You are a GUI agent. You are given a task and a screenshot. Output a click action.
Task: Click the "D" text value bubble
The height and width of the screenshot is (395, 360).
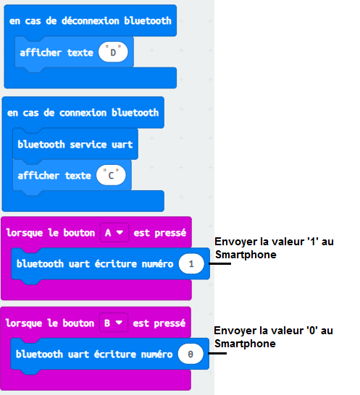click(113, 52)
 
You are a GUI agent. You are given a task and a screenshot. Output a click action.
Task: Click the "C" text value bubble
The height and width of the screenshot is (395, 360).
click(111, 175)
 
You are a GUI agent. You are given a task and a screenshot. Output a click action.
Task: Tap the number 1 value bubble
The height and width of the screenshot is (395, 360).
click(191, 264)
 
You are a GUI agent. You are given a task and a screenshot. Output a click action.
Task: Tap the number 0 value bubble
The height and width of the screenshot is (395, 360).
click(191, 354)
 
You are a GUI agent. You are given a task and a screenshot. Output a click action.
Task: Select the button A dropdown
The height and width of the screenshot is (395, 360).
click(114, 232)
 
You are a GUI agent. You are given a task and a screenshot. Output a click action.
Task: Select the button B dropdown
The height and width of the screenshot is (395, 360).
click(114, 323)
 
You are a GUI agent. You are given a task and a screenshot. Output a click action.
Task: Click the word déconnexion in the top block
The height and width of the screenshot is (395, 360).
click(90, 21)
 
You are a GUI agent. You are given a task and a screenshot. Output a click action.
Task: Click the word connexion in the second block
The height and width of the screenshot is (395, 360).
click(83, 113)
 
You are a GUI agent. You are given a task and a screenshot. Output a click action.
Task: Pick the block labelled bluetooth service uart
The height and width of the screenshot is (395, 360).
click(75, 145)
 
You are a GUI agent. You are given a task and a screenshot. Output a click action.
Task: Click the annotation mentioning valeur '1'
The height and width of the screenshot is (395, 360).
click(274, 248)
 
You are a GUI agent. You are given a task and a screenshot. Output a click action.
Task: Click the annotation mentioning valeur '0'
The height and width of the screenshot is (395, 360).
click(273, 337)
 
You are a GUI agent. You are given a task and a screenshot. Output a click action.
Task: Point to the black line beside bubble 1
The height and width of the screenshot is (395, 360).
click(219, 263)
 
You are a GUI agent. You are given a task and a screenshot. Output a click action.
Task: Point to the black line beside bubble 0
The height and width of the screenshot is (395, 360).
click(217, 353)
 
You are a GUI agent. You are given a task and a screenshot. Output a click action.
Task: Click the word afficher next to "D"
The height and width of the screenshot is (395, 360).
click(41, 52)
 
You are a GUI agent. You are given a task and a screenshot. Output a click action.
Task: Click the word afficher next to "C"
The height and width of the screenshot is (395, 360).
click(38, 175)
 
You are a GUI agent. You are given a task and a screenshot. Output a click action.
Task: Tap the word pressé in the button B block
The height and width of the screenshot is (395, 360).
click(169, 323)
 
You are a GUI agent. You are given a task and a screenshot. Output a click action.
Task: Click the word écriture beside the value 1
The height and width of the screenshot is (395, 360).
click(116, 264)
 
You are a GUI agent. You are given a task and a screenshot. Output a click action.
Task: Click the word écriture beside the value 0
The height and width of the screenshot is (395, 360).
click(115, 354)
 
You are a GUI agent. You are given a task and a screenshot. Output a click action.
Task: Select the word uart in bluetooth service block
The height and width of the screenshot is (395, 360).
click(122, 145)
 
